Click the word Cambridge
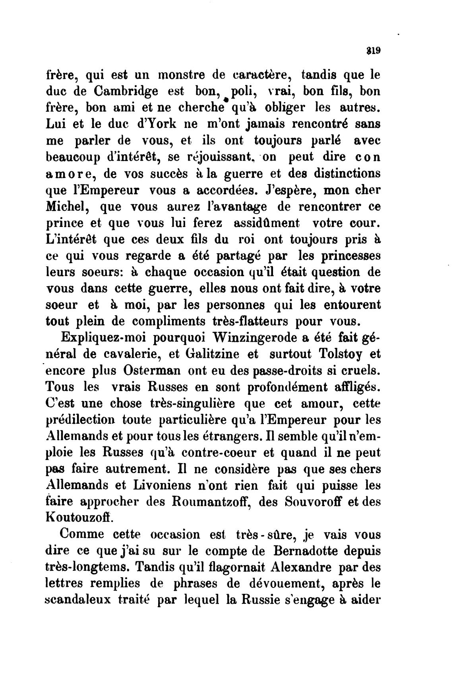[x=126, y=92]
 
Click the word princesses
[x=349, y=256]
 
